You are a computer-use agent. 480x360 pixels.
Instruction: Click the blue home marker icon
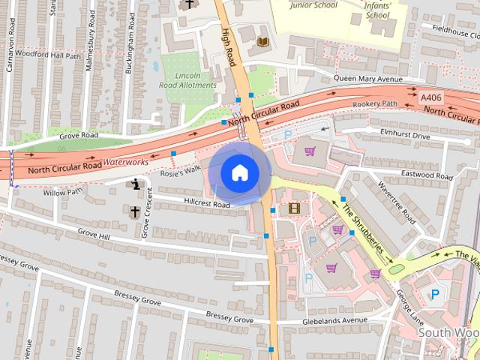pos(239,172)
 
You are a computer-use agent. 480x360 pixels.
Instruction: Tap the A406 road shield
pos(431,97)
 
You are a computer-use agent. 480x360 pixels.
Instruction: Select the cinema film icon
pos(294,208)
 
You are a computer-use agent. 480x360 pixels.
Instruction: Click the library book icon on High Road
pos(262,42)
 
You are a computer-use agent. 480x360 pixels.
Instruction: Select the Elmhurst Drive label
pos(405,136)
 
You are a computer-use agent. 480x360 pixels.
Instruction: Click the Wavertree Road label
pos(397,202)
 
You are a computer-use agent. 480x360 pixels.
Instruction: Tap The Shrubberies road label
pos(363,228)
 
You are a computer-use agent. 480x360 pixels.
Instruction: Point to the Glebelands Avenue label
pos(335,320)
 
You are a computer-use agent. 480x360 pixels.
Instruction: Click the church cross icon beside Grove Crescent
pos(136,212)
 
